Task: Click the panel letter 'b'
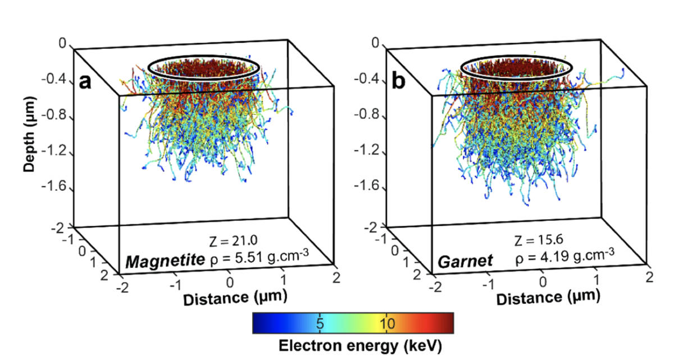pos(398,82)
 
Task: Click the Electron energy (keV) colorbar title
pos(353,344)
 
